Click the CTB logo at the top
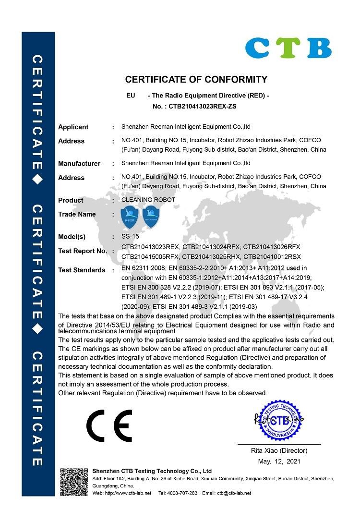coord(288,48)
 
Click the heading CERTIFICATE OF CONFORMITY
coord(196,79)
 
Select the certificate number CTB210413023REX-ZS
coord(203,106)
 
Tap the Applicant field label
coord(73,127)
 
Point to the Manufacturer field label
coord(79,164)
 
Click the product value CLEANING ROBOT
coord(148,199)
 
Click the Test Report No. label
coord(83,251)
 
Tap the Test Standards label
coord(82,270)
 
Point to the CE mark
coord(109,426)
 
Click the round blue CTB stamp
coord(279,421)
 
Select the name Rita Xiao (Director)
coord(279,451)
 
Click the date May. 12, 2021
coord(279,461)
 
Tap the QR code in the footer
coord(74,482)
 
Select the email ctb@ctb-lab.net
coord(233,493)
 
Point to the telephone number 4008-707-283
coord(184,493)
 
